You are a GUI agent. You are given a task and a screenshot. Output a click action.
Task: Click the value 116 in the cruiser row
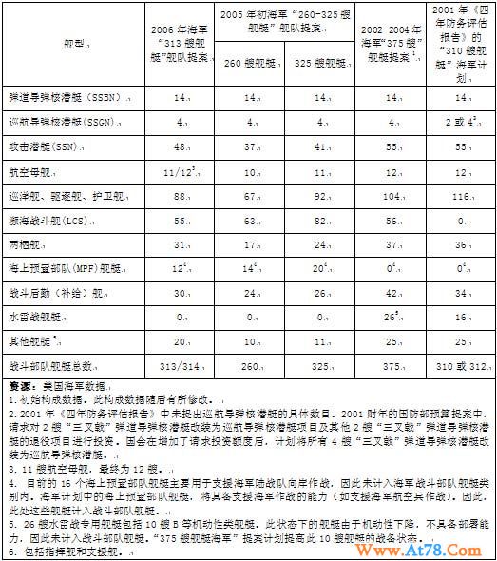(460, 196)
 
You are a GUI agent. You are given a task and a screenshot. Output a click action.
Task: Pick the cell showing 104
(390, 196)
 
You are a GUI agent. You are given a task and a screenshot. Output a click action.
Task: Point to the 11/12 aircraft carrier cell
(180, 172)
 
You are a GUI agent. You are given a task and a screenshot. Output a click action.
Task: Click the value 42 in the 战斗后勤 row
(390, 291)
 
